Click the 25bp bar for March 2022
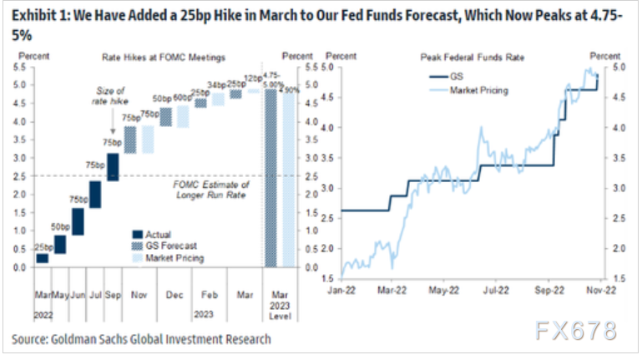pyautogui.click(x=42, y=259)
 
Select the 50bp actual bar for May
pyautogui.click(x=60, y=244)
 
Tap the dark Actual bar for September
pyautogui.click(x=113, y=165)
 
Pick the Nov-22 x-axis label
pyautogui.click(x=599, y=292)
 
